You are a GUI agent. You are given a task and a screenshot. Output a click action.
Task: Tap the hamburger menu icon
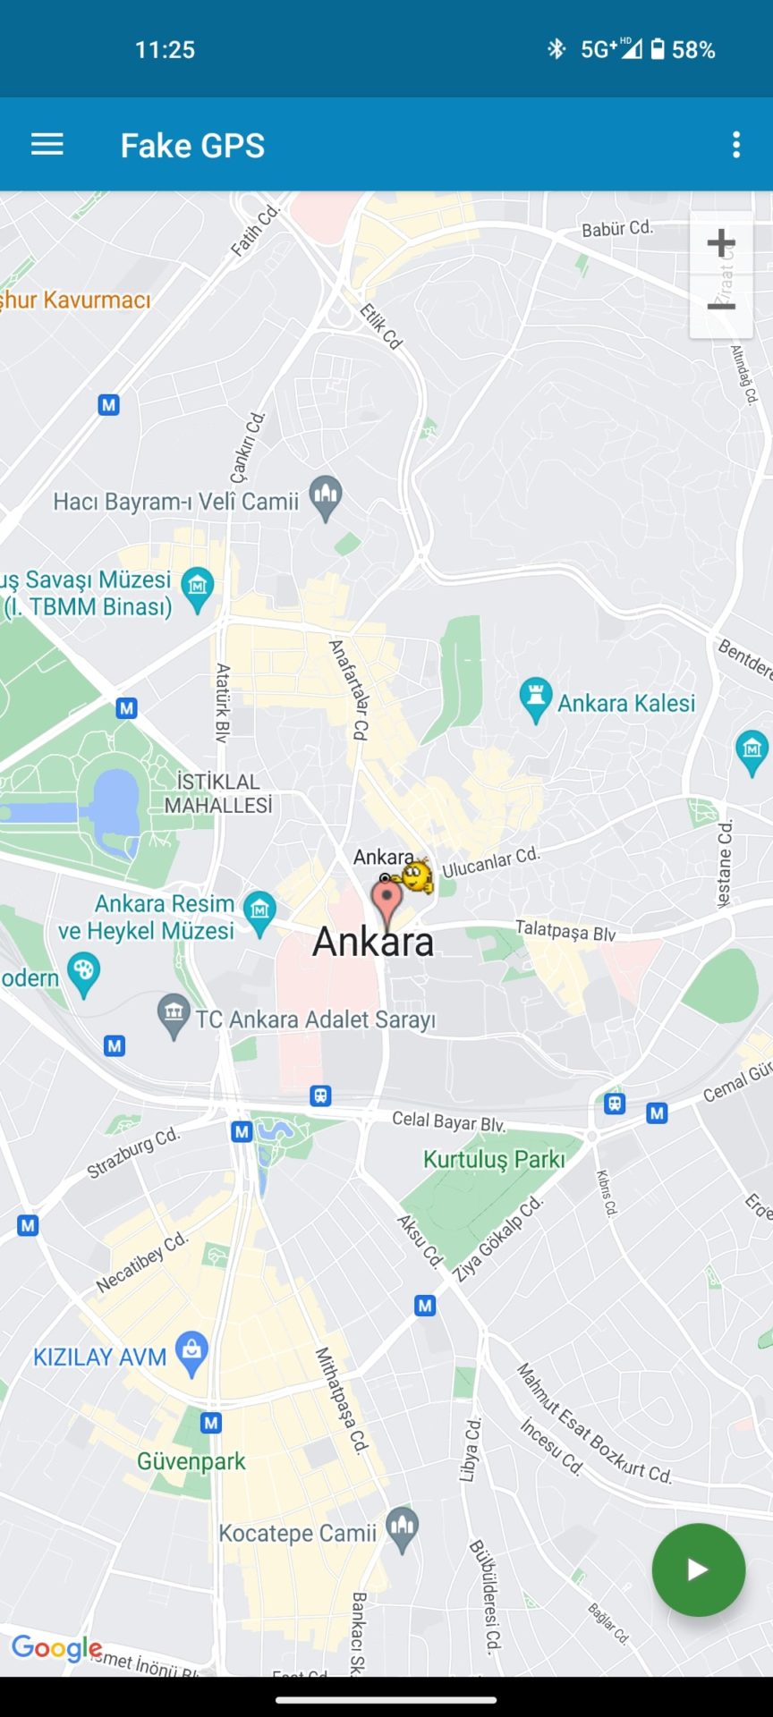[47, 145]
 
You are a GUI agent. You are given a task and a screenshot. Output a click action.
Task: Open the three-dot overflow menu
[736, 145]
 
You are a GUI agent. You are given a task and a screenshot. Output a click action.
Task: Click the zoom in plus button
[721, 243]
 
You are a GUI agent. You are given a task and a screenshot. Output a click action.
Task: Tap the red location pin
[386, 899]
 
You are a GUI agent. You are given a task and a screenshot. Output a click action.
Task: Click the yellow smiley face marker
[417, 875]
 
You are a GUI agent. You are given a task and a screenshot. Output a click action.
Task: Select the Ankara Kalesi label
[626, 704]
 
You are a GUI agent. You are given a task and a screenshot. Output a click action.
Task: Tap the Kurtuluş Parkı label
[494, 1160]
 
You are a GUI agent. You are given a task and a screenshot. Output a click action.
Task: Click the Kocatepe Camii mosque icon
[402, 1531]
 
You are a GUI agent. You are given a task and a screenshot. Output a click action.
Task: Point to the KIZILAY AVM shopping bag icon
[191, 1352]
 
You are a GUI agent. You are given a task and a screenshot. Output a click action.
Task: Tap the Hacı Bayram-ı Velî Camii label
[175, 502]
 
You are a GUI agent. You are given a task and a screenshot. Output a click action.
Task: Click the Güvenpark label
[191, 1462]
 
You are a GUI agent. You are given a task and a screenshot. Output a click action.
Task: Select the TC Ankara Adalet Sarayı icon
[174, 1015]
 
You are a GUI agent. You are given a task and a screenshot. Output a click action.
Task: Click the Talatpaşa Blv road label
[565, 931]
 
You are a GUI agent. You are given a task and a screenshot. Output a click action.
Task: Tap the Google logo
[56, 1648]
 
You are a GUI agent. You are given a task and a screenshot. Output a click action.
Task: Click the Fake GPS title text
[192, 146]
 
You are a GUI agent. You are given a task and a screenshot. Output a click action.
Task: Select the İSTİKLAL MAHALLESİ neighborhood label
[218, 793]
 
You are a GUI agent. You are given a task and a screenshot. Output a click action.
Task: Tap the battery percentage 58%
[693, 50]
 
